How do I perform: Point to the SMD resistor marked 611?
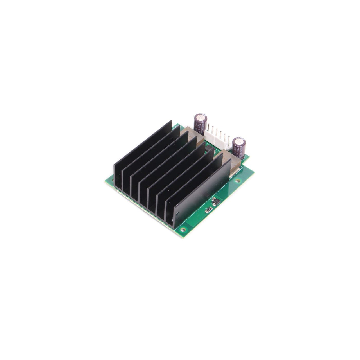pos(208,209)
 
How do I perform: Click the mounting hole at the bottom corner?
pos(183,229)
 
